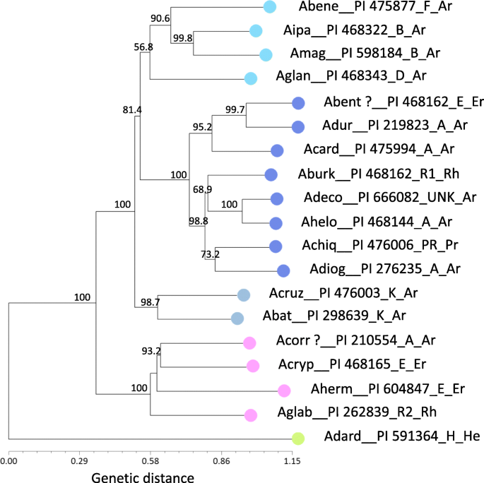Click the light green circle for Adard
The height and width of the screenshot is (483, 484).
tap(298, 439)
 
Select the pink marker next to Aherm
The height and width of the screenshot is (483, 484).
tap(284, 390)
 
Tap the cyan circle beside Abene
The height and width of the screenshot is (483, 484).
tap(269, 7)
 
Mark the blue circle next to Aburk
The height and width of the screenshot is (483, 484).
tap(270, 174)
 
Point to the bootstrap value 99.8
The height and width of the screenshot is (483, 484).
tap(183, 39)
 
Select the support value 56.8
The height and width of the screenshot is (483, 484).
tap(143, 47)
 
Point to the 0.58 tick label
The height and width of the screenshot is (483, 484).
tap(150, 461)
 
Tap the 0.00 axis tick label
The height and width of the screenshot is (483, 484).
tap(8, 461)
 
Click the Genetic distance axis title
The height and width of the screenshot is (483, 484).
tap(142, 477)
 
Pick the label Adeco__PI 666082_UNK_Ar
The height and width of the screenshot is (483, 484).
tap(375, 199)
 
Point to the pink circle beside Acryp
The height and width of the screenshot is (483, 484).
tap(252, 366)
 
